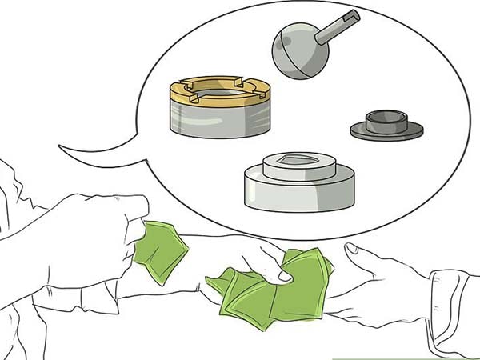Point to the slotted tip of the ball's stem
353,17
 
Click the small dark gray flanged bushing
386,125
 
